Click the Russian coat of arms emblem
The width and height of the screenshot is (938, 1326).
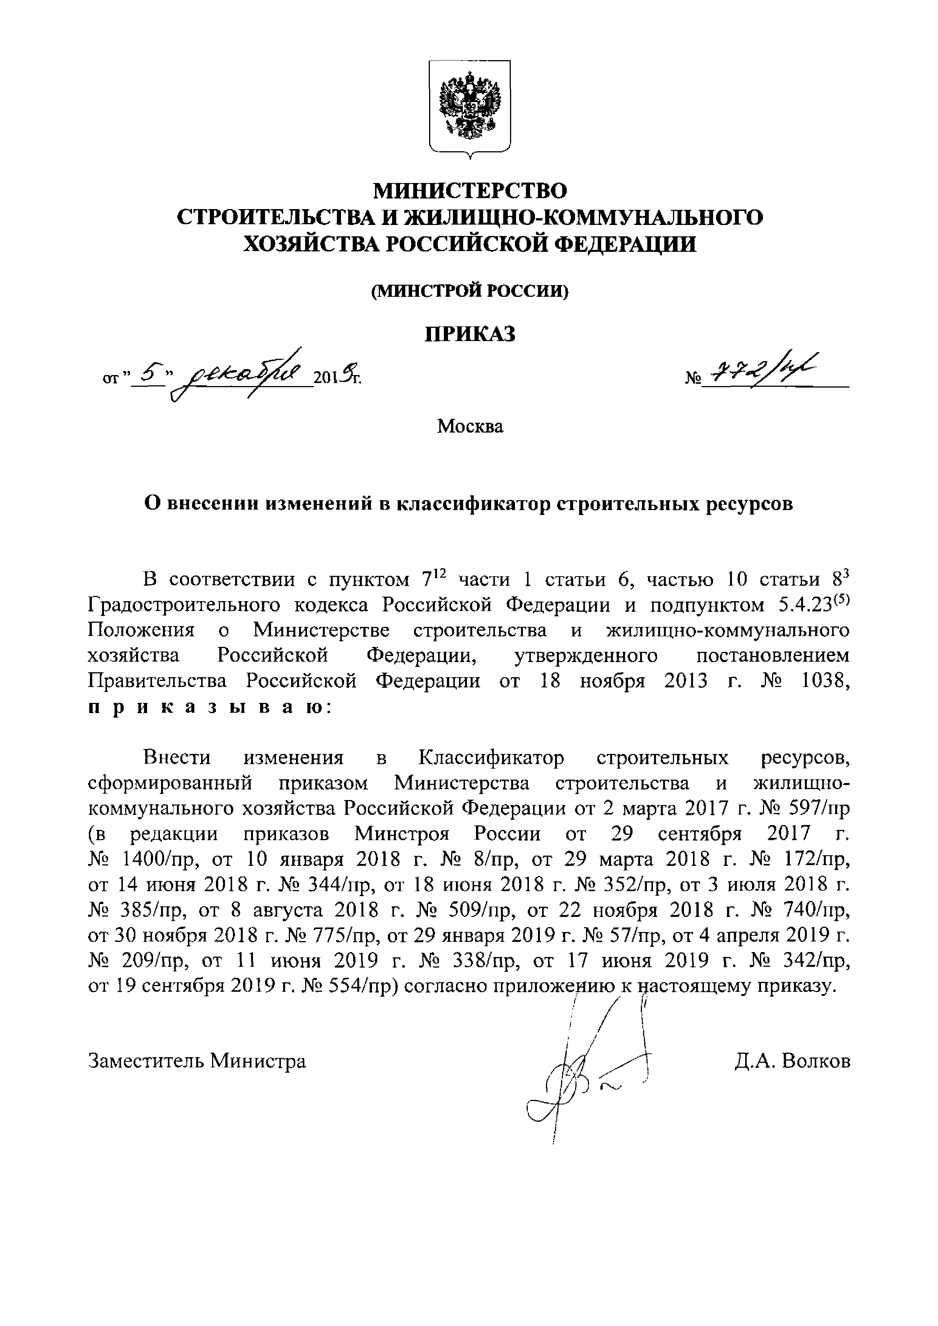tap(469, 107)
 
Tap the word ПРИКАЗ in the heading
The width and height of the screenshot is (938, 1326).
tap(470, 334)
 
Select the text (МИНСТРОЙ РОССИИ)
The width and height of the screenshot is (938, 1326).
tap(470, 292)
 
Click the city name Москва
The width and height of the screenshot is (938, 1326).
tap(470, 427)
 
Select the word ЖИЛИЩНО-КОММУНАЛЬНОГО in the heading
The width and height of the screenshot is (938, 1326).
tap(583, 218)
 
